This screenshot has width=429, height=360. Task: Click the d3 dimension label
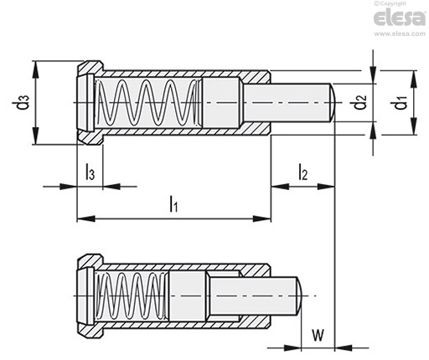coord(24,102)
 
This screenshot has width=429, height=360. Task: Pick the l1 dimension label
coord(173,204)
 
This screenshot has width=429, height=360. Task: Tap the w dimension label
coord(318,335)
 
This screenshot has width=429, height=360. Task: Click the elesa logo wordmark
coord(400,18)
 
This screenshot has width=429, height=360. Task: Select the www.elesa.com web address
coord(400,33)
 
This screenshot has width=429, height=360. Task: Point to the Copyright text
coord(390,3)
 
